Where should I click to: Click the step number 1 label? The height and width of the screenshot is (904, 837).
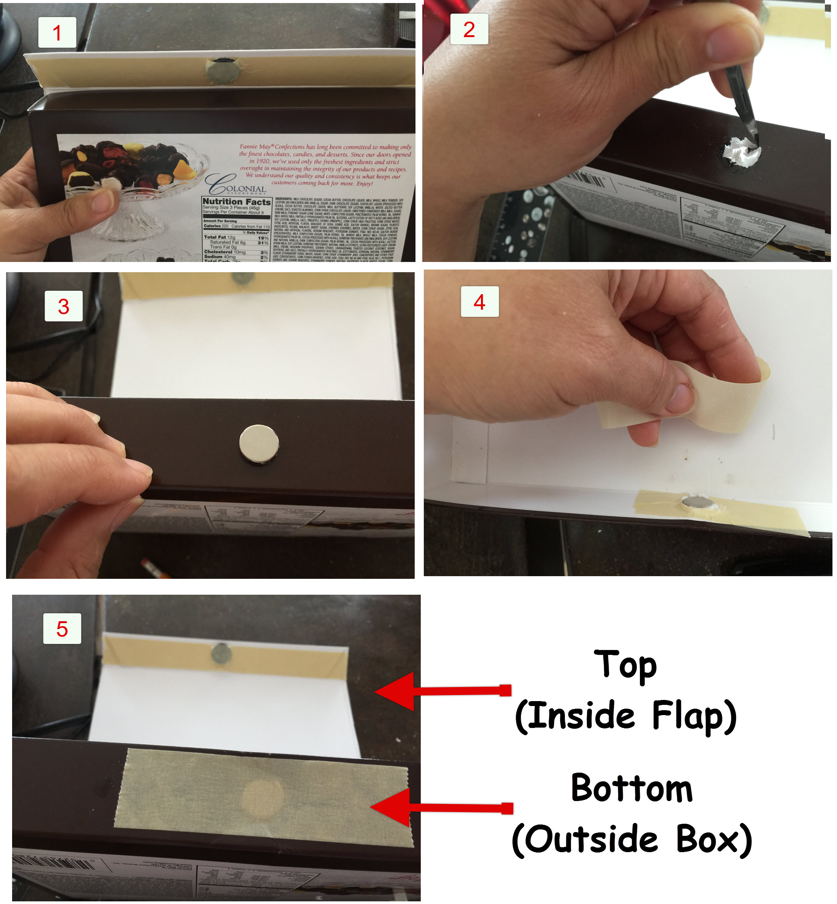[x=57, y=33]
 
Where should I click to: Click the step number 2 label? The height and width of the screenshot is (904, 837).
[x=469, y=30]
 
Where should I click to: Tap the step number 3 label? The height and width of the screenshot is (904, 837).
[x=64, y=307]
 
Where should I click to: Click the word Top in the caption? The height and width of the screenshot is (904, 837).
[x=625, y=665]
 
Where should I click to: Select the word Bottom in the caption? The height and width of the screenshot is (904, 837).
[x=632, y=789]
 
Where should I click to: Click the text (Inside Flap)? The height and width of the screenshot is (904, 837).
[x=625, y=716]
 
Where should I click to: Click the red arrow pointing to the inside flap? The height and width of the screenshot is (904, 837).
[x=442, y=691]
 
